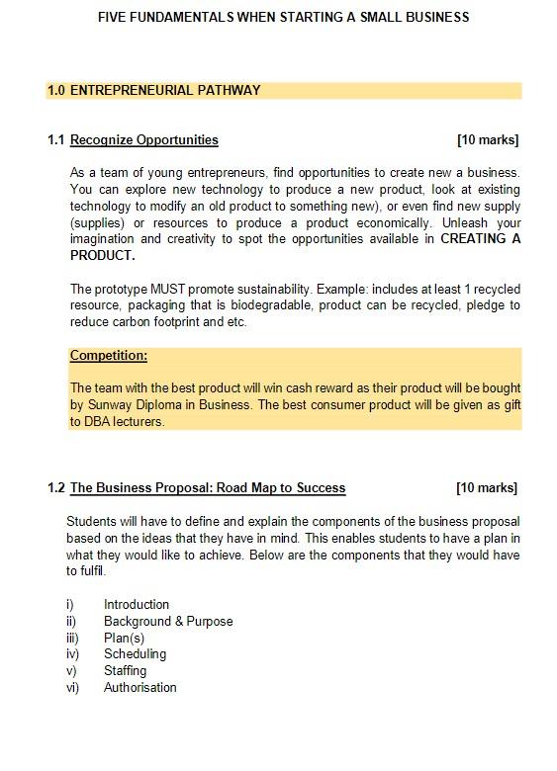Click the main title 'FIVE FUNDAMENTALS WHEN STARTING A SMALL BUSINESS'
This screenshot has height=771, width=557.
[283, 17]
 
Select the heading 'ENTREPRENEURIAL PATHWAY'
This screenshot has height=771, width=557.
[165, 91]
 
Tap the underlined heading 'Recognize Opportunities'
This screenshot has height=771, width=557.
[144, 140]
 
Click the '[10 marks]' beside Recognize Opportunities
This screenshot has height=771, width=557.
[488, 140]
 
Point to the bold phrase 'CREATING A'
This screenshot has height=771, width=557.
[480, 239]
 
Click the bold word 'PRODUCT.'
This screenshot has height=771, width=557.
[102, 256]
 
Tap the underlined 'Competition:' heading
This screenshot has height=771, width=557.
[109, 356]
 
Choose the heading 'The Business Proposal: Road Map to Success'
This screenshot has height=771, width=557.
[208, 488]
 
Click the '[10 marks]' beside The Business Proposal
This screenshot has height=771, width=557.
[487, 488]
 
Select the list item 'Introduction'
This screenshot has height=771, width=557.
[137, 605]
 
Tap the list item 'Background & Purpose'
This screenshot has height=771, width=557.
[168, 622]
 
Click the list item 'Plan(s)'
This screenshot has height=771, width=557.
[124, 639]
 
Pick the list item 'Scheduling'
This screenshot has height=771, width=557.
[135, 654]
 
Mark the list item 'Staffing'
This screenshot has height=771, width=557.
[125, 671]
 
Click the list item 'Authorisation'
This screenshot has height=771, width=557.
[140, 688]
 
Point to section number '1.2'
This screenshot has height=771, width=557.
[56, 488]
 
